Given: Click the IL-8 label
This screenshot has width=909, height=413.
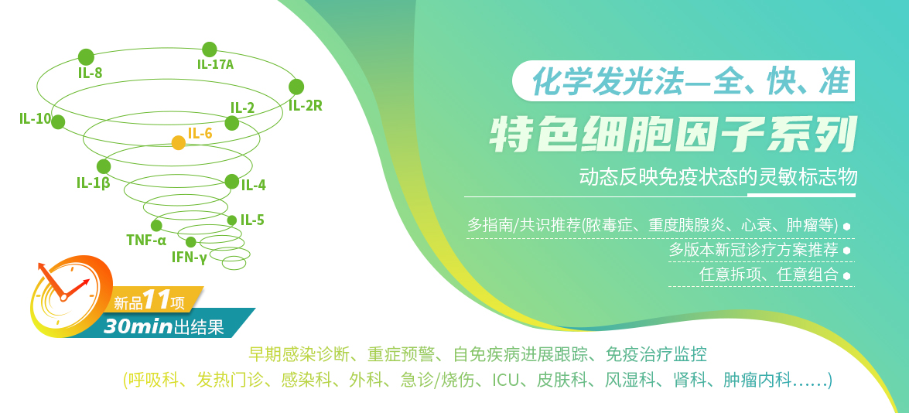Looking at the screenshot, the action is click(x=90, y=73).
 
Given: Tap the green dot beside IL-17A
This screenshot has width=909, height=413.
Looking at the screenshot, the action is click(x=210, y=49).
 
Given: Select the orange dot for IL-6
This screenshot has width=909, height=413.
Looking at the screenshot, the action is click(x=179, y=142).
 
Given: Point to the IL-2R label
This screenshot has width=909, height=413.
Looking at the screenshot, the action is click(x=305, y=106).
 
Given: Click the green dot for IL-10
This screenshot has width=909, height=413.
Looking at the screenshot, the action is click(x=58, y=121).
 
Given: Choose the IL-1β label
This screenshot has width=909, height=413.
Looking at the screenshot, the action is click(x=94, y=184).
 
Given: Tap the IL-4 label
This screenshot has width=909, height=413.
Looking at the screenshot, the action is click(x=253, y=186).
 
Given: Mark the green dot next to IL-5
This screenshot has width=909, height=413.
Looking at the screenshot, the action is click(x=232, y=220).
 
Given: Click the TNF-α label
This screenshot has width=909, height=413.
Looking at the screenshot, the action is click(x=147, y=240).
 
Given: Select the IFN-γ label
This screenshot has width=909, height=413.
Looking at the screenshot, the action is click(x=189, y=258).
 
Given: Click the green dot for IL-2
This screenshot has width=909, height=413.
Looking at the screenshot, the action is click(x=232, y=123).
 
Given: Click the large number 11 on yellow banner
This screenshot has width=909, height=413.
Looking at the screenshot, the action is click(x=157, y=300).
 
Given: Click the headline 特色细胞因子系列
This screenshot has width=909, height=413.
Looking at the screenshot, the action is click(x=673, y=136).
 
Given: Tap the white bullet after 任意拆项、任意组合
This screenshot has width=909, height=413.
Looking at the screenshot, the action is click(x=846, y=276).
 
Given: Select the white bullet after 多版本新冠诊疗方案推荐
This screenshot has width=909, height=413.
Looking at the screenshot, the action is click(x=846, y=251).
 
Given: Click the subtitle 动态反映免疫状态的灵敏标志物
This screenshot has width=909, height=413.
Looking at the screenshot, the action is click(x=718, y=177).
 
